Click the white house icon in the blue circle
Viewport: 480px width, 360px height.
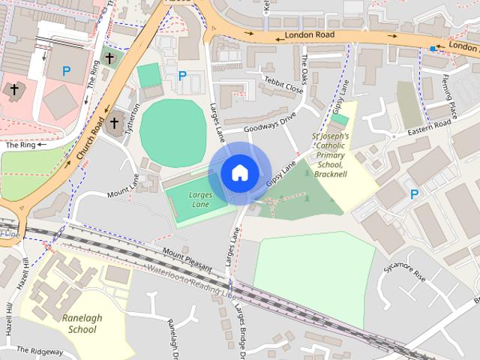coord(238,172)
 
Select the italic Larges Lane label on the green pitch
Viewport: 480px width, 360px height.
coord(199,199)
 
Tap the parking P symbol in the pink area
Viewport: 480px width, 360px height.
coord(67,72)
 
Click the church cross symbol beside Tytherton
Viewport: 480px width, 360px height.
coord(115,123)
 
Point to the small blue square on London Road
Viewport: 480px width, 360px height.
coord(433,49)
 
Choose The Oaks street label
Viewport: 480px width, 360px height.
coord(304,70)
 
